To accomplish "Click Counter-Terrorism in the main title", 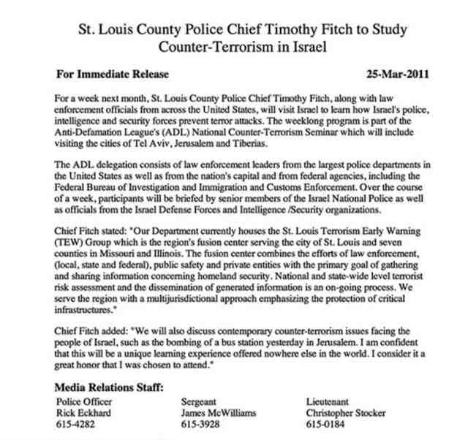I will coord(211,45).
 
